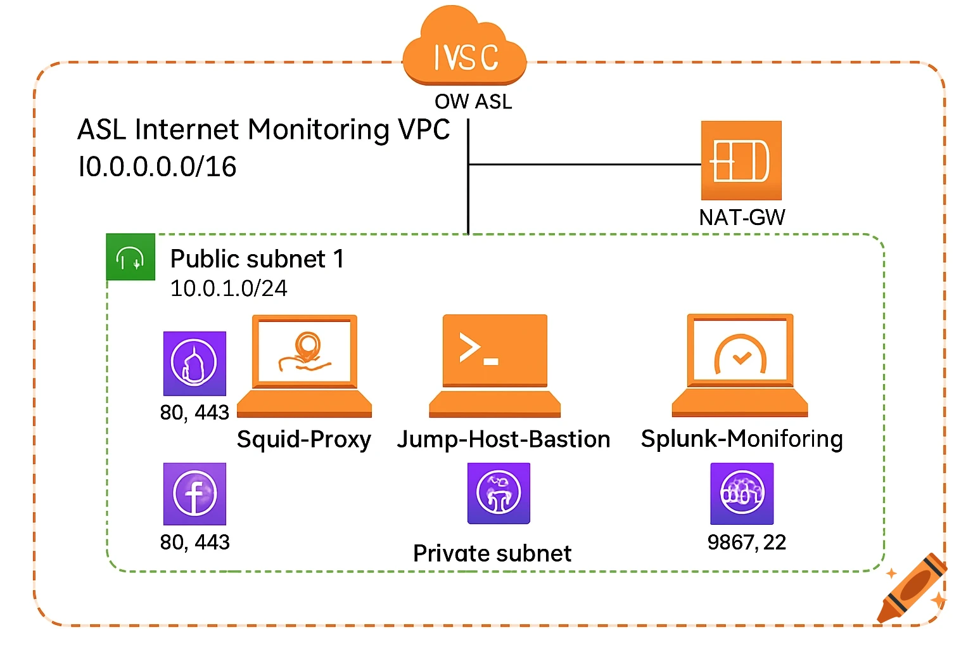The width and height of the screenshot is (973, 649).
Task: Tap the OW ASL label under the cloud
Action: [473, 101]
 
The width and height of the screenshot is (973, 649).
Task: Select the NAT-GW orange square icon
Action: [741, 160]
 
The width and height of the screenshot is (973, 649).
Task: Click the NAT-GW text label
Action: [742, 217]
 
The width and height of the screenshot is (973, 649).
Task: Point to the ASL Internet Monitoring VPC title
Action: [264, 129]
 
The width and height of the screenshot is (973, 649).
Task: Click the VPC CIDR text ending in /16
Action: [157, 167]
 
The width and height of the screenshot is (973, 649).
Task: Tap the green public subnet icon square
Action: [130, 257]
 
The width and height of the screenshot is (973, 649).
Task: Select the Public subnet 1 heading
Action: [257, 259]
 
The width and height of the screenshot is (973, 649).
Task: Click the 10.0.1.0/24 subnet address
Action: [229, 288]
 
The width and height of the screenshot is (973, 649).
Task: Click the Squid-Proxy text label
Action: [304, 439]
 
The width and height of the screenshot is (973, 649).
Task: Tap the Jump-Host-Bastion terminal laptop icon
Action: [495, 366]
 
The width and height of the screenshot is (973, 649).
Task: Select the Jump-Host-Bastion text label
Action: [504, 439]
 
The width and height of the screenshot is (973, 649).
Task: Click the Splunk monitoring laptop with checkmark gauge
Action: [740, 366]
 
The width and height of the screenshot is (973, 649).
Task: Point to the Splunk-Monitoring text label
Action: [742, 439]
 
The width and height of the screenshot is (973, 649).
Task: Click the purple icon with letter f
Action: [194, 494]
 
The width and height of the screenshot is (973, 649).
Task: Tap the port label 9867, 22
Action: [747, 543]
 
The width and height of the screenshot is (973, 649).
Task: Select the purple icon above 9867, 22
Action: [742, 494]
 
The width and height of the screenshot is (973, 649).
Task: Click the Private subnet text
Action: [492, 553]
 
